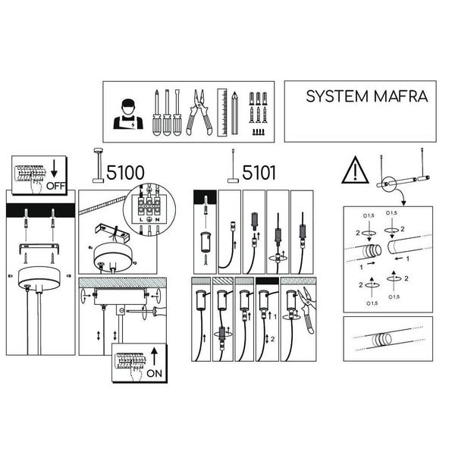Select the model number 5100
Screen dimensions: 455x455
pos(124,173)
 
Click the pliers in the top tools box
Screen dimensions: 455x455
pos(200,111)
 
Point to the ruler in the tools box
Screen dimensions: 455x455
pos(221,111)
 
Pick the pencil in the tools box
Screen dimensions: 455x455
pos(237,112)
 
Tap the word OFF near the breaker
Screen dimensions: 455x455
pos(55,184)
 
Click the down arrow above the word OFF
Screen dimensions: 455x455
pos(56,167)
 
